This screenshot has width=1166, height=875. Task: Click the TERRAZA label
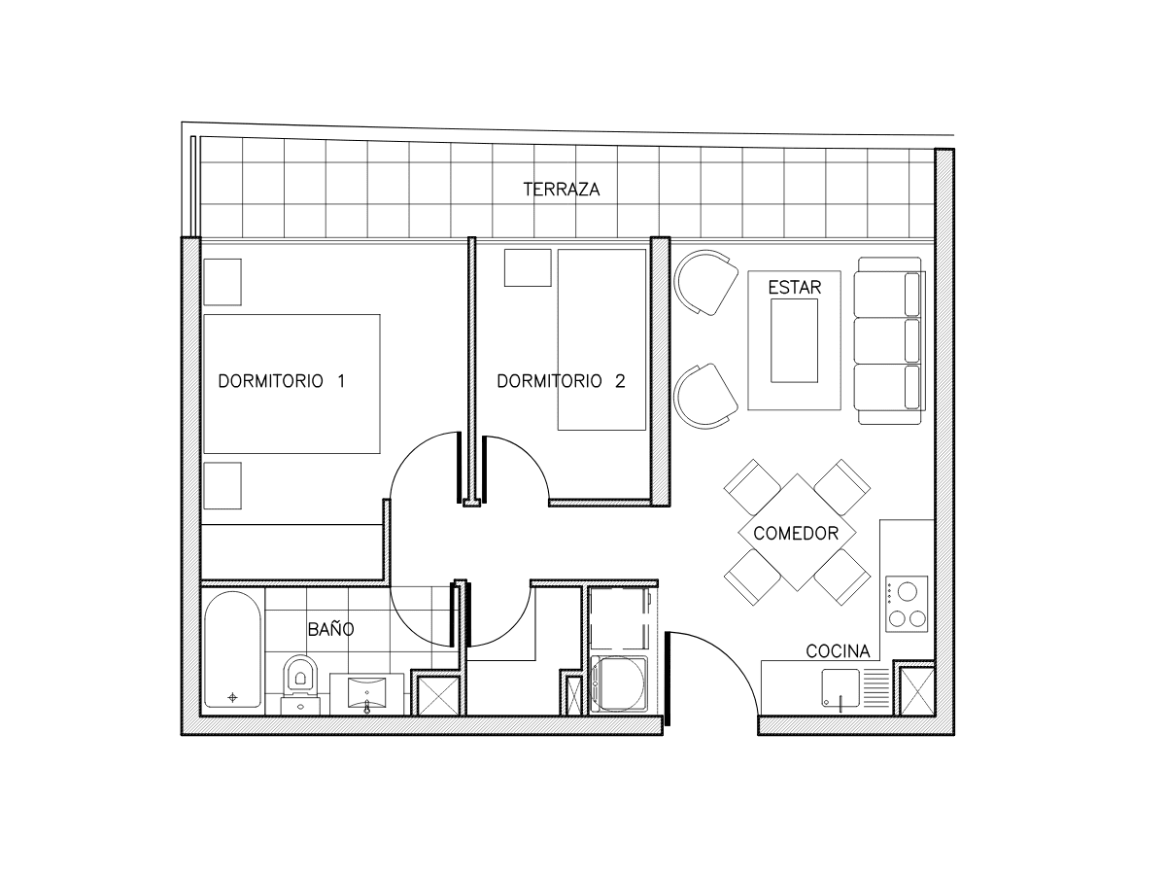point(561,190)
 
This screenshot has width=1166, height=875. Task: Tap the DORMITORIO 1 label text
point(282,381)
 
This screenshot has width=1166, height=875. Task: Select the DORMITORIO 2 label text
point(561,381)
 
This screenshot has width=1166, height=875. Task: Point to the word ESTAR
point(794,288)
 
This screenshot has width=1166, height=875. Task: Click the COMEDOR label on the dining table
point(796,533)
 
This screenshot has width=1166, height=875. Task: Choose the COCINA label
point(838,650)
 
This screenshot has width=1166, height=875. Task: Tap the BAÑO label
point(330,629)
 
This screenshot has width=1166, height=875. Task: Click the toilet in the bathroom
point(300,684)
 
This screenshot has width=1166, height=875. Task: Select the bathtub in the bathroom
point(232,650)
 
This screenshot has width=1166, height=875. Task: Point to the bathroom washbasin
point(367,693)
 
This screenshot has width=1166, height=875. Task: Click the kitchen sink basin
point(840,687)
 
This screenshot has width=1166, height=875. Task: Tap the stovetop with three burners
point(907,604)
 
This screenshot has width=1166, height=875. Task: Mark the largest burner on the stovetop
point(908,591)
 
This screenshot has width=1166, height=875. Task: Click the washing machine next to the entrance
point(619,684)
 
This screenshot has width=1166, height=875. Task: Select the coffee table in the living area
point(794,340)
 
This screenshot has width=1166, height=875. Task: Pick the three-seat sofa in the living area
point(889,341)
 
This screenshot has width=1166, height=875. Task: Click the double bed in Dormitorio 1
point(291,384)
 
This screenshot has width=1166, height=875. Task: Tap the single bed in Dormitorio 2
point(601,340)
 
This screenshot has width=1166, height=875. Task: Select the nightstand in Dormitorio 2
point(528,267)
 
